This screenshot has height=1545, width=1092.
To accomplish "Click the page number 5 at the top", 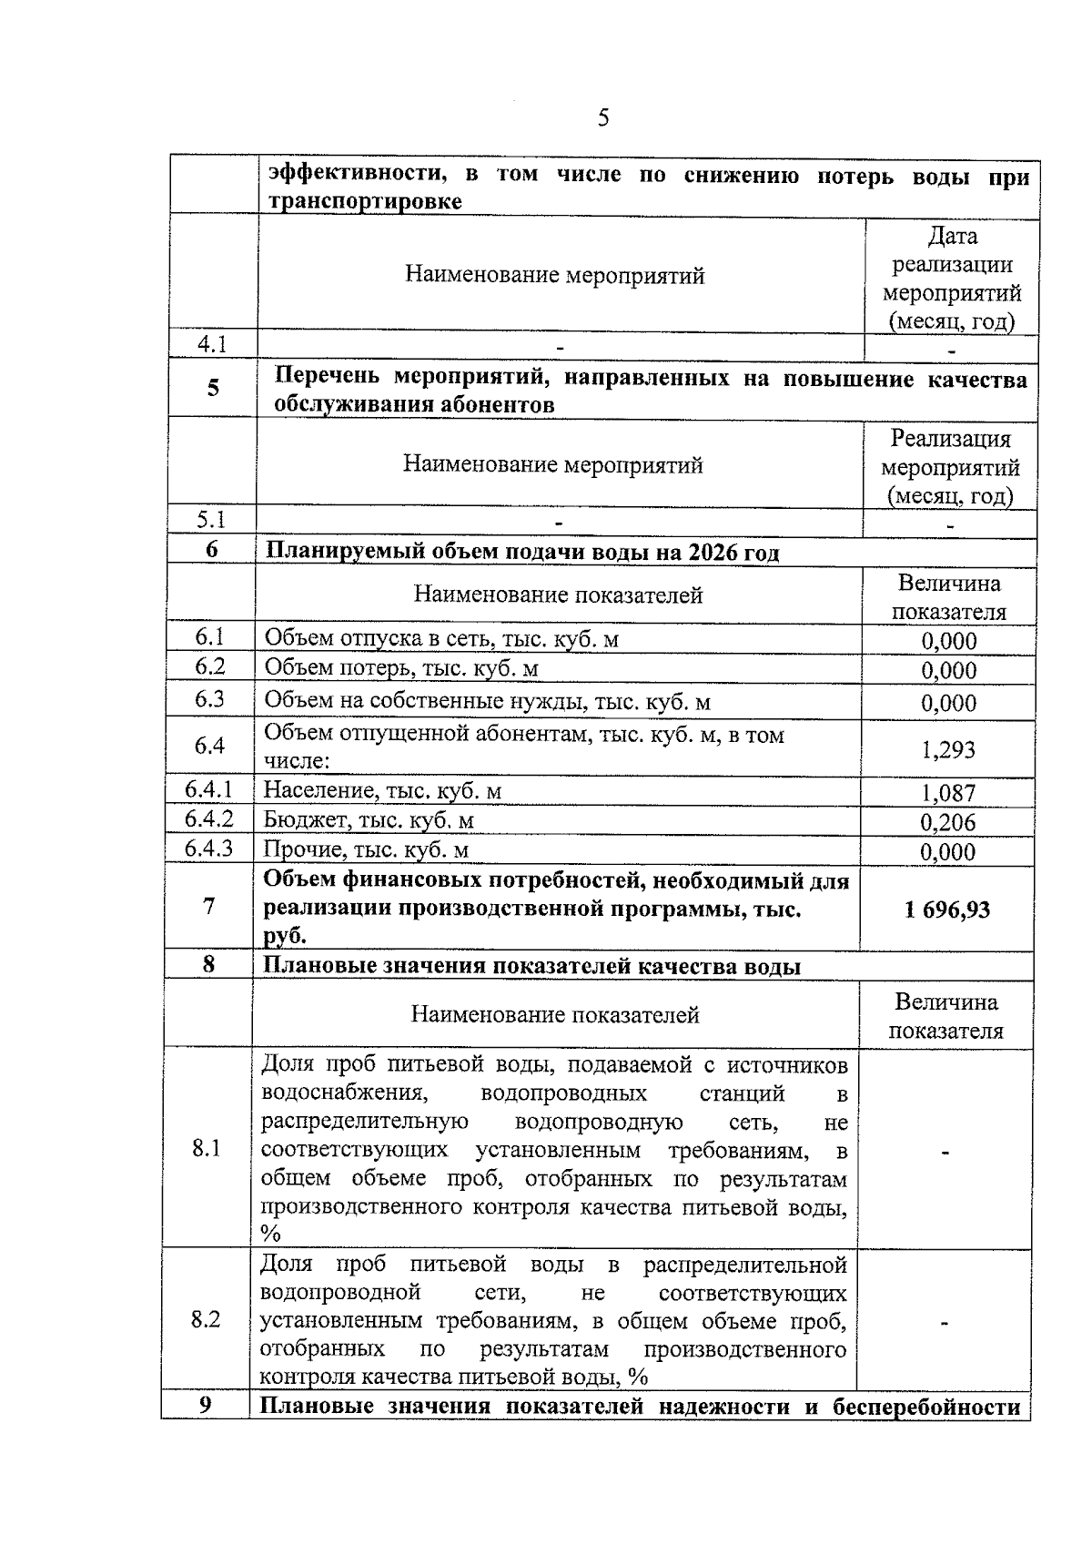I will (x=602, y=118).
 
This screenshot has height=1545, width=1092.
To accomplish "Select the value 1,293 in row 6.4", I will (x=947, y=749).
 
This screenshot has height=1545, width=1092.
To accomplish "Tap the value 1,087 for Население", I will (x=947, y=793).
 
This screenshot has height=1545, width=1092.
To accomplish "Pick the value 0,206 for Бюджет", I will (x=947, y=823).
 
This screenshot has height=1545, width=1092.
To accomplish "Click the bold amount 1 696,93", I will (x=946, y=910).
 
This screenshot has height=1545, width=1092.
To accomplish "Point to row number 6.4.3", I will (x=208, y=849).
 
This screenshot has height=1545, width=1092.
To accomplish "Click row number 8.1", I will (x=207, y=1148).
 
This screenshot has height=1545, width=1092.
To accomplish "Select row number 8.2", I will (x=206, y=1319).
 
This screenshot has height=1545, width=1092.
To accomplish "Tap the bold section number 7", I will (x=209, y=907).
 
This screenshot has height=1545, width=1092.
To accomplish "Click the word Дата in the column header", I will (x=952, y=237).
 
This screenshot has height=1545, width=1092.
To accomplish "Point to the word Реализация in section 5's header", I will (x=950, y=439).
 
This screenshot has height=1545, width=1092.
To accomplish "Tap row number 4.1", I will (x=212, y=344).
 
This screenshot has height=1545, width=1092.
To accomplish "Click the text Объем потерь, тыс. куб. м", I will (x=401, y=669).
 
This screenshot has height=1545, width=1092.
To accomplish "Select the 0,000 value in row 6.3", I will (x=948, y=703).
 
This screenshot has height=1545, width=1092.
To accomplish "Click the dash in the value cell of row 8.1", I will (x=945, y=1153).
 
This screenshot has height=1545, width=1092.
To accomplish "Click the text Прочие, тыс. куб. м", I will (x=366, y=850).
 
